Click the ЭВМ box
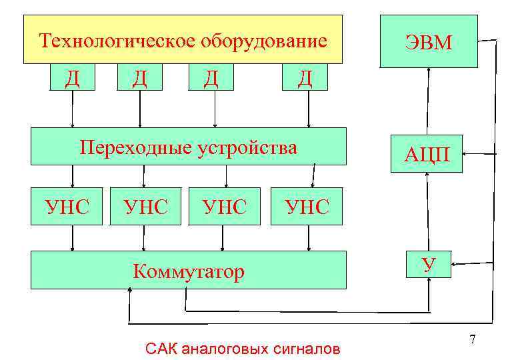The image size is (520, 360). [x=429, y=41]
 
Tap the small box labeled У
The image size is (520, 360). [x=429, y=264]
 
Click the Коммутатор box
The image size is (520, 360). [x=189, y=270]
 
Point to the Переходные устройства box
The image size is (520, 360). [x=189, y=146]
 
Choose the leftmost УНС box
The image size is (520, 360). [x=67, y=207]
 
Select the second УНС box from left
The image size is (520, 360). [x=145, y=207]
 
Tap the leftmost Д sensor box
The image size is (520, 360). [x=72, y=77]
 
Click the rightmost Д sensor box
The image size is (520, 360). [x=305, y=77]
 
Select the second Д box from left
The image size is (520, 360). [x=139, y=77]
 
